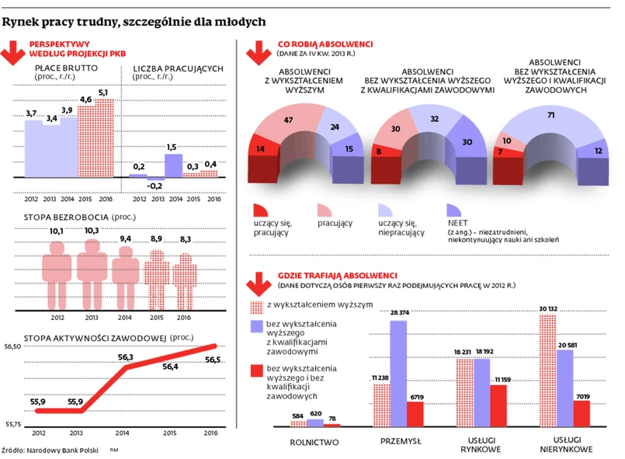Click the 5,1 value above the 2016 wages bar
point(102,93)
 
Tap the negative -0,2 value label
point(155,186)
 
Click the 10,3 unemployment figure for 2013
point(91,231)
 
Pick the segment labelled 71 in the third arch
point(550,115)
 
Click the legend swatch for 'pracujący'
point(325,210)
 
